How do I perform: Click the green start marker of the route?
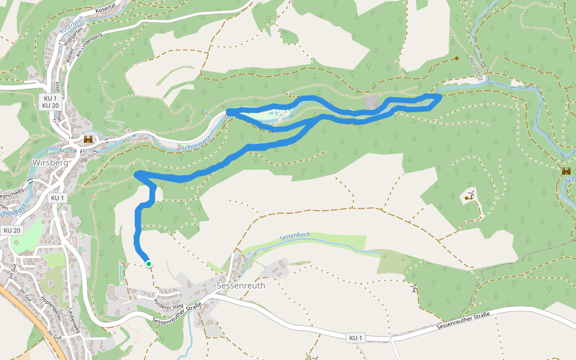click(x=148, y=263)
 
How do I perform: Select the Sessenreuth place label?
click(x=241, y=286)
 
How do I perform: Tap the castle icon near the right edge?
click(x=566, y=171)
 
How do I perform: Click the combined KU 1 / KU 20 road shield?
click(x=50, y=101)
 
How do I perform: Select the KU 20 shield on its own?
click(x=11, y=230)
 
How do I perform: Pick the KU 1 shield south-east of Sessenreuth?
click(x=356, y=338)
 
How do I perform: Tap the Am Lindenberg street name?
click(x=89, y=44)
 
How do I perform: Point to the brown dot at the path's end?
click(x=457, y=58)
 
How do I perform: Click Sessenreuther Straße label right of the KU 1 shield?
click(x=463, y=317)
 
